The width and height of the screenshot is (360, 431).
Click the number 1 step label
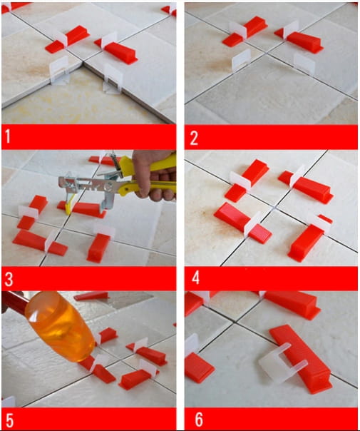click(8, 136)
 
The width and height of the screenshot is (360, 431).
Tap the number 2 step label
click(194, 138)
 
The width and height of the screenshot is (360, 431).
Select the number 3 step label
click(9, 279)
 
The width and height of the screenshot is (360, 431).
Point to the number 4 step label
click(195, 278)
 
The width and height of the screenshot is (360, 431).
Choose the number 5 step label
click(9, 420)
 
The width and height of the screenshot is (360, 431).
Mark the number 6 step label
click(199, 420)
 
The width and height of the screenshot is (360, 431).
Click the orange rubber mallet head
click(61, 326)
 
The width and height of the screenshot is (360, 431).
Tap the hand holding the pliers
click(154, 176)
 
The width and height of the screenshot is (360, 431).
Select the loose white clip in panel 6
click(282, 362)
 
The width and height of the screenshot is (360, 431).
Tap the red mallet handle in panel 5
click(14, 301)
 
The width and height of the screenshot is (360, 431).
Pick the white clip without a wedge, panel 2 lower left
click(241, 60)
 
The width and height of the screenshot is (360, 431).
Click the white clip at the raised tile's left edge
click(59, 70)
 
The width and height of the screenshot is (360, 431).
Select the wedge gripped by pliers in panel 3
click(83, 209)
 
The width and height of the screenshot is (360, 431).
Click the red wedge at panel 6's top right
click(291, 304)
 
